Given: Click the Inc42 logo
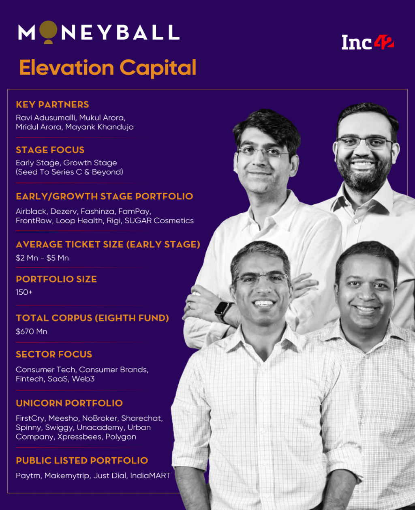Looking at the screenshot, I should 367,43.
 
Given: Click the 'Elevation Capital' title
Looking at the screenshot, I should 108,68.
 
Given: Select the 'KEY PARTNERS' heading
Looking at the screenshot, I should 52,105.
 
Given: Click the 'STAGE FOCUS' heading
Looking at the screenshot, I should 50,150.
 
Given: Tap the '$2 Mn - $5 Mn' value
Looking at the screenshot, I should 42,258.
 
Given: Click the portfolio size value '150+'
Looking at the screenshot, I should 24,292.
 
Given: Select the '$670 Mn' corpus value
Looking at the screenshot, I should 32,331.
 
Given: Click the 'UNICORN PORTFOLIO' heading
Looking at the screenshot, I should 69,403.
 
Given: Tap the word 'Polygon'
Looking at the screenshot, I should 121,437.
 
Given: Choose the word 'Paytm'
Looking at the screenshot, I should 28,476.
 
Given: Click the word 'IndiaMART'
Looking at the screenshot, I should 150,476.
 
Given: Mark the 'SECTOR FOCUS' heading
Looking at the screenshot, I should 54,354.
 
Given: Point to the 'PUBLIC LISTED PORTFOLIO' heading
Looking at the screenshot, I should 82,461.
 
